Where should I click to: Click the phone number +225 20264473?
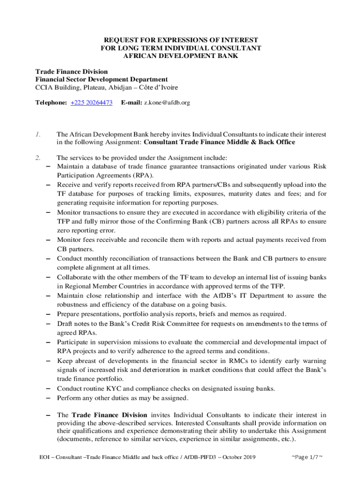point(91,102)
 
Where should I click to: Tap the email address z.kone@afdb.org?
point(167,102)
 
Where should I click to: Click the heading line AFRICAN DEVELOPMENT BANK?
point(180,56)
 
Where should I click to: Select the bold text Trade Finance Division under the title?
point(72,72)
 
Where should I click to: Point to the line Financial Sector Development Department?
point(101,80)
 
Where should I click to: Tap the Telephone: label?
point(51,102)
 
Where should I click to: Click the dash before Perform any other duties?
point(48,399)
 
